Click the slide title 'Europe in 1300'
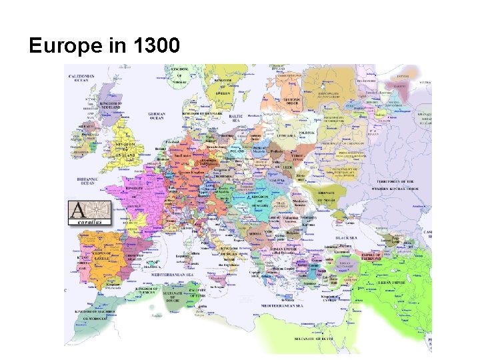click(104, 46)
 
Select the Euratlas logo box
click(89, 213)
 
